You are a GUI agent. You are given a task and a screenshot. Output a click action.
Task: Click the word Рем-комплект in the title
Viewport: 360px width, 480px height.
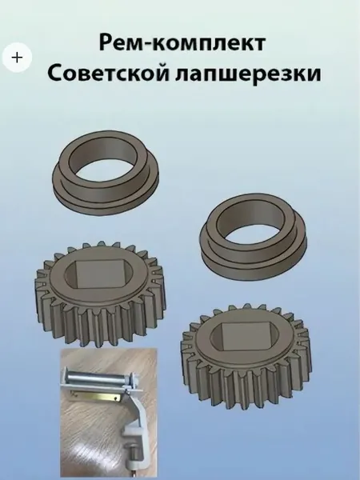[182, 43]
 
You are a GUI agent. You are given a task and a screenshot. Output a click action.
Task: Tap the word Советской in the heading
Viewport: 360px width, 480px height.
[108, 74]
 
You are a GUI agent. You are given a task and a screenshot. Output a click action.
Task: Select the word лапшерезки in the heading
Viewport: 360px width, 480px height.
[249, 74]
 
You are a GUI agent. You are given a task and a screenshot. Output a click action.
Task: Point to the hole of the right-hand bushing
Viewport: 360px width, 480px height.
[252, 224]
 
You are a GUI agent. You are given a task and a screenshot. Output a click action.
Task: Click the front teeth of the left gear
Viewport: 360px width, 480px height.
[101, 325]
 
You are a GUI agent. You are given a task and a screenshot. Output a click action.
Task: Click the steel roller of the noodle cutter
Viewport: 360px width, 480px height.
[98, 376]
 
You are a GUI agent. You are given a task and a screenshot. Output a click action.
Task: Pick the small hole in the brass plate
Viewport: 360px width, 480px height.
[114, 399]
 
